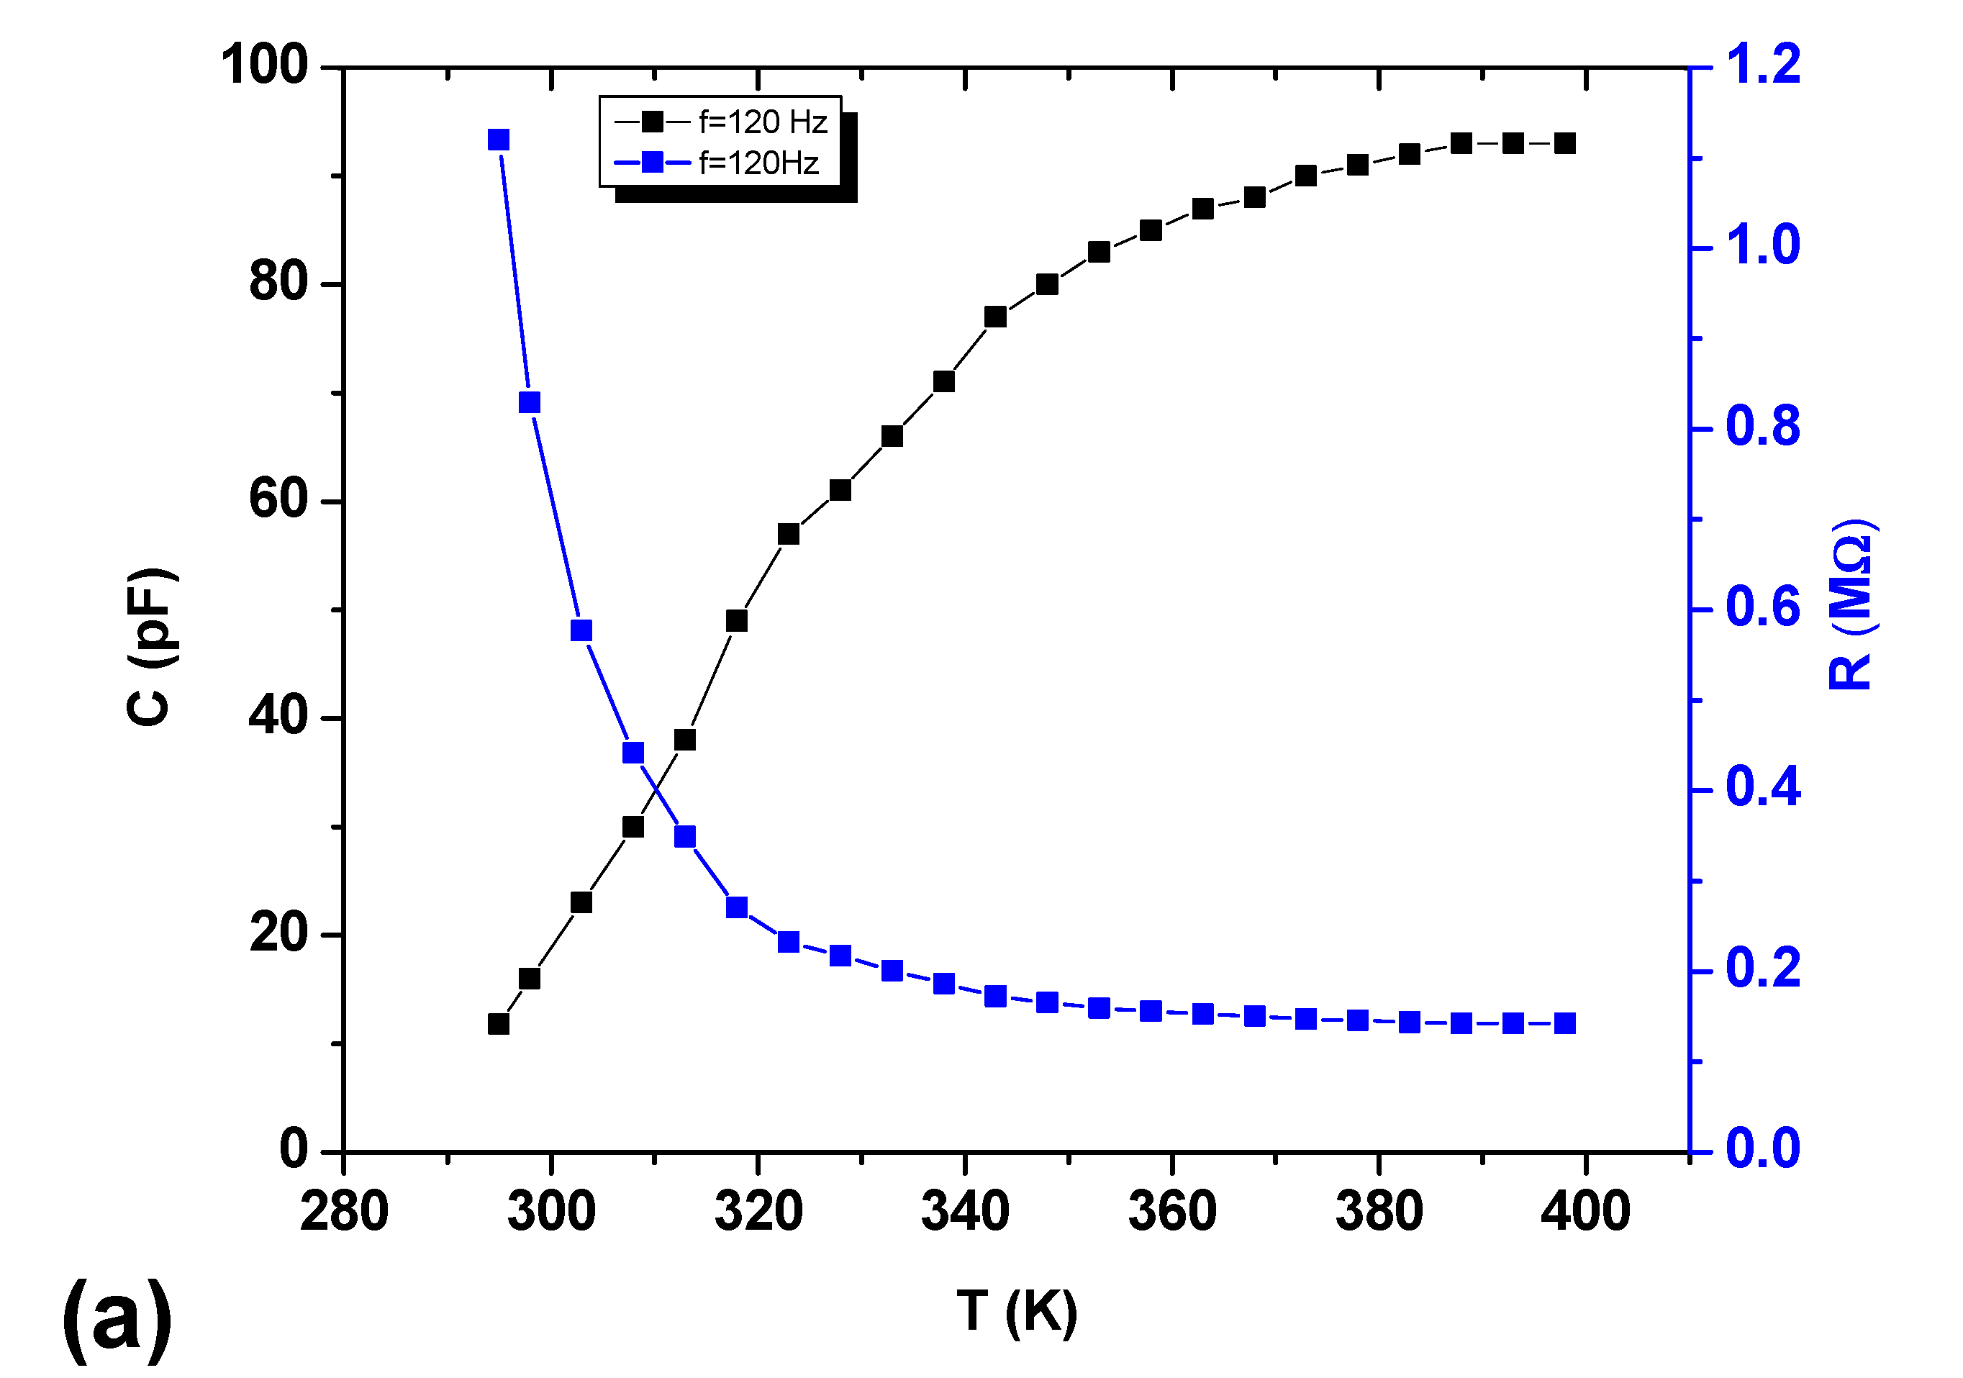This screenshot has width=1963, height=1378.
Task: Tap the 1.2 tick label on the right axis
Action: point(1762,64)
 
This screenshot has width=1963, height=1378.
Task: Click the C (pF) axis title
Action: point(152,646)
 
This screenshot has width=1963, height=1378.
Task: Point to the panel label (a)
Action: point(117,1319)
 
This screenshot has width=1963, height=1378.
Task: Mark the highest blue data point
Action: point(499,140)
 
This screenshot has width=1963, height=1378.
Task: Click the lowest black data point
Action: point(499,1023)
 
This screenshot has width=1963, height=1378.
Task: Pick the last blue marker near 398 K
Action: point(1564,1023)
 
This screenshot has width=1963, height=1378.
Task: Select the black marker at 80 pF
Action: point(1047,284)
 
